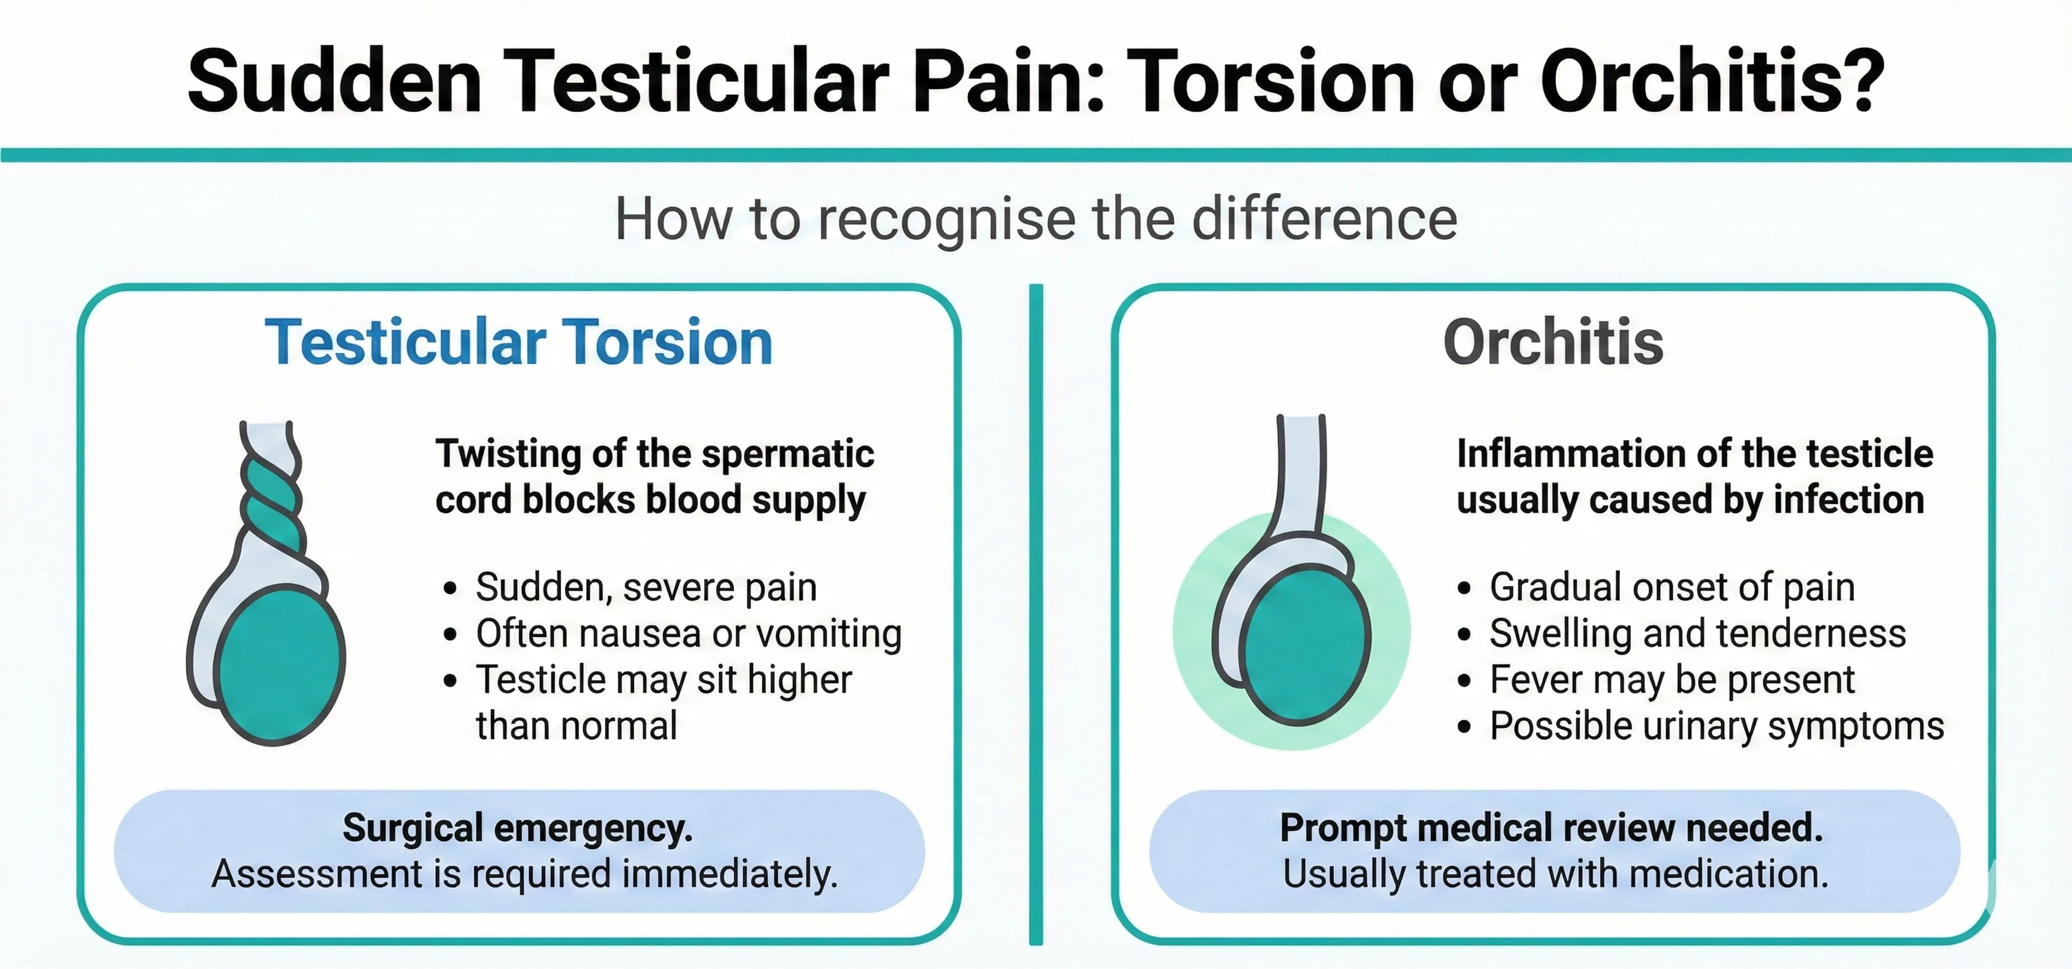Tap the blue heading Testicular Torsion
tap(519, 342)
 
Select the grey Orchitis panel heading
tap(1552, 342)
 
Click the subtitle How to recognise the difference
tap(1035, 219)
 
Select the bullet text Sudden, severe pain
tap(646, 587)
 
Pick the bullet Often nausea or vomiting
tap(689, 634)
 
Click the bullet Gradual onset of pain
tap(1672, 587)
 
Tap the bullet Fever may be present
tap(1672, 679)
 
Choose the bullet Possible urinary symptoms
tap(1716, 726)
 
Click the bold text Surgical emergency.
tap(517, 828)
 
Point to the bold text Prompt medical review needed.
tap(1551, 828)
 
